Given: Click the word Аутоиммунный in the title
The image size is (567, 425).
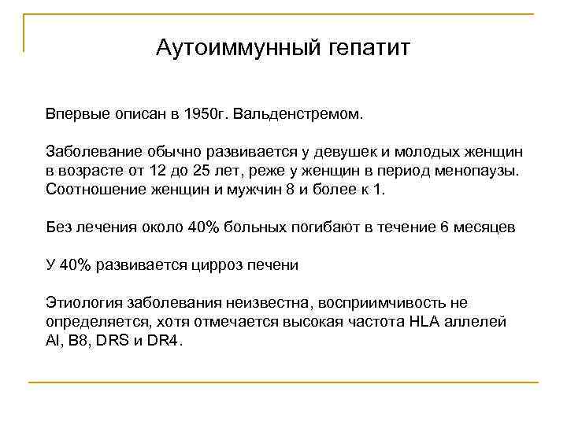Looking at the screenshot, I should pyautogui.click(x=229, y=48).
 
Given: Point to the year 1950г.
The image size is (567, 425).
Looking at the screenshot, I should pyautogui.click(x=202, y=115).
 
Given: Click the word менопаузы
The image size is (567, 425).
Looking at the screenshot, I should pyautogui.click(x=476, y=170).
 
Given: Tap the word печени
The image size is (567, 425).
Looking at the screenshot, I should pyautogui.click(x=276, y=265).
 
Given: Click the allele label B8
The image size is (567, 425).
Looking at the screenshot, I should pyautogui.click(x=72, y=342).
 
